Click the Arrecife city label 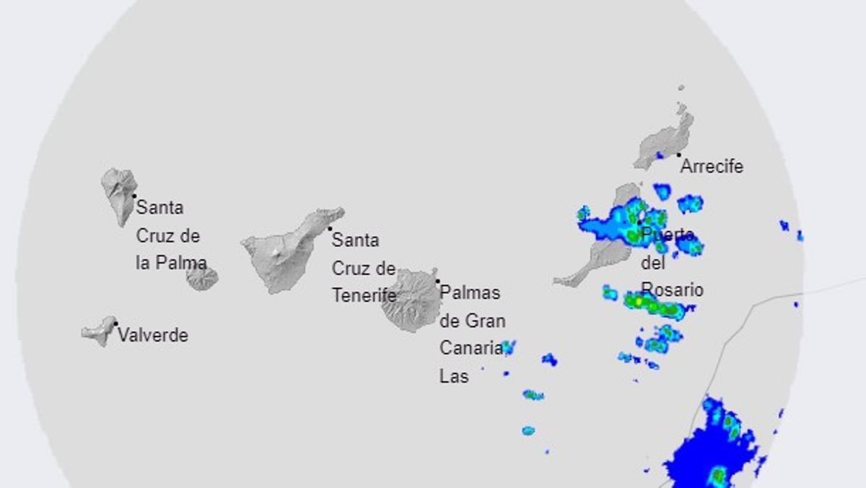(712, 167)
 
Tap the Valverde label (152, 336)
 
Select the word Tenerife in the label (364, 295)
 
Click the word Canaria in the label (471, 348)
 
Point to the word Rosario (672, 290)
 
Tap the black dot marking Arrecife (678, 154)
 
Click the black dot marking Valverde (115, 323)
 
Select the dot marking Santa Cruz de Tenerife (331, 229)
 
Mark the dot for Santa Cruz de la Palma (134, 196)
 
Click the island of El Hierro (99, 331)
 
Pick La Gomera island (201, 277)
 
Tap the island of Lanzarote (664, 141)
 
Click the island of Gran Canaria (411, 300)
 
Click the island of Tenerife (285, 249)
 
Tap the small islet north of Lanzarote (681, 88)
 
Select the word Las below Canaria (454, 376)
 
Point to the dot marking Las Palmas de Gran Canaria (437, 281)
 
